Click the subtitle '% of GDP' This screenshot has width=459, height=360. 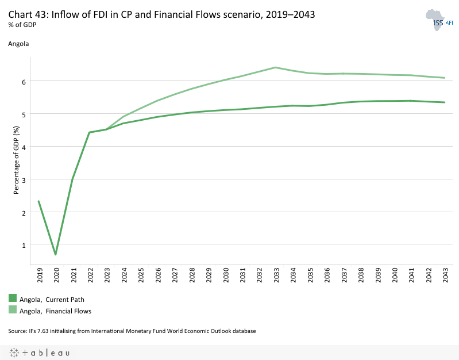[21, 25]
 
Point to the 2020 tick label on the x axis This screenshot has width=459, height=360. [57, 277]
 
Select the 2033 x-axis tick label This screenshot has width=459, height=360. [276, 277]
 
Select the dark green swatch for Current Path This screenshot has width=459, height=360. [13, 298]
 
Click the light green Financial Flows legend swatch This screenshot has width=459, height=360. [13, 311]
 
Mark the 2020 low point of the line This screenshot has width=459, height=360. [56, 254]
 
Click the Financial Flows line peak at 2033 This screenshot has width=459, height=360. [276, 67]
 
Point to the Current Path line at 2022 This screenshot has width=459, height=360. [89, 132]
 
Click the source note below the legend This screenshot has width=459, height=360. [132, 331]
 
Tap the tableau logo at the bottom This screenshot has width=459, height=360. [39, 353]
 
